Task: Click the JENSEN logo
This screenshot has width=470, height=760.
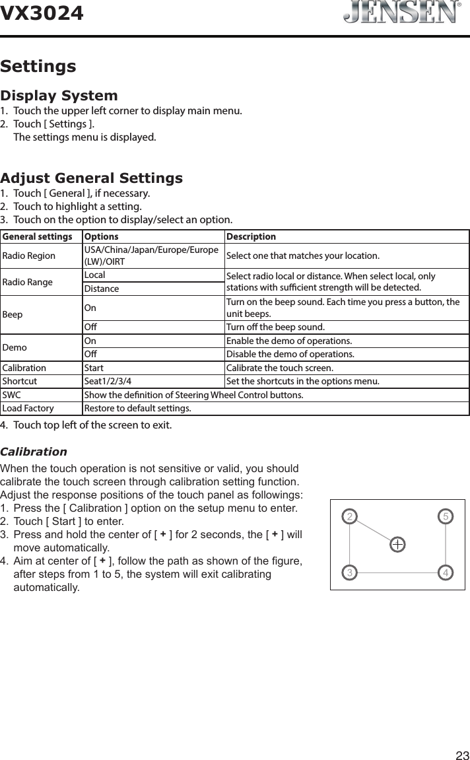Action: tap(401, 13)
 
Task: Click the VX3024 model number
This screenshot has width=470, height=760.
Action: tap(42, 13)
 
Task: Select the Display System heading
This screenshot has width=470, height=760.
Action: tap(59, 96)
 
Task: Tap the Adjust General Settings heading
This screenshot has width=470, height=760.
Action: tap(92, 178)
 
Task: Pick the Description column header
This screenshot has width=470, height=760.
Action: tap(251, 237)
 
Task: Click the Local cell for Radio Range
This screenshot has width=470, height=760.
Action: tap(95, 275)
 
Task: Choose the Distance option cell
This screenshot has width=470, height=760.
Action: tap(101, 289)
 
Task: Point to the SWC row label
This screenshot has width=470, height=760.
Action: tap(12, 395)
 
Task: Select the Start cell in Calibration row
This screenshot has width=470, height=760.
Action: tap(94, 368)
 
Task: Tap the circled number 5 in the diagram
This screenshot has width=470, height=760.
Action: tap(446, 515)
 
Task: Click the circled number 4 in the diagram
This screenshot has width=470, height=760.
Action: tap(446, 572)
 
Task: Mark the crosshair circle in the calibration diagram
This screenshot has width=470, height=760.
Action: tap(397, 544)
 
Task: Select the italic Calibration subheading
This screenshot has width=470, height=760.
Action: tap(34, 452)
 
